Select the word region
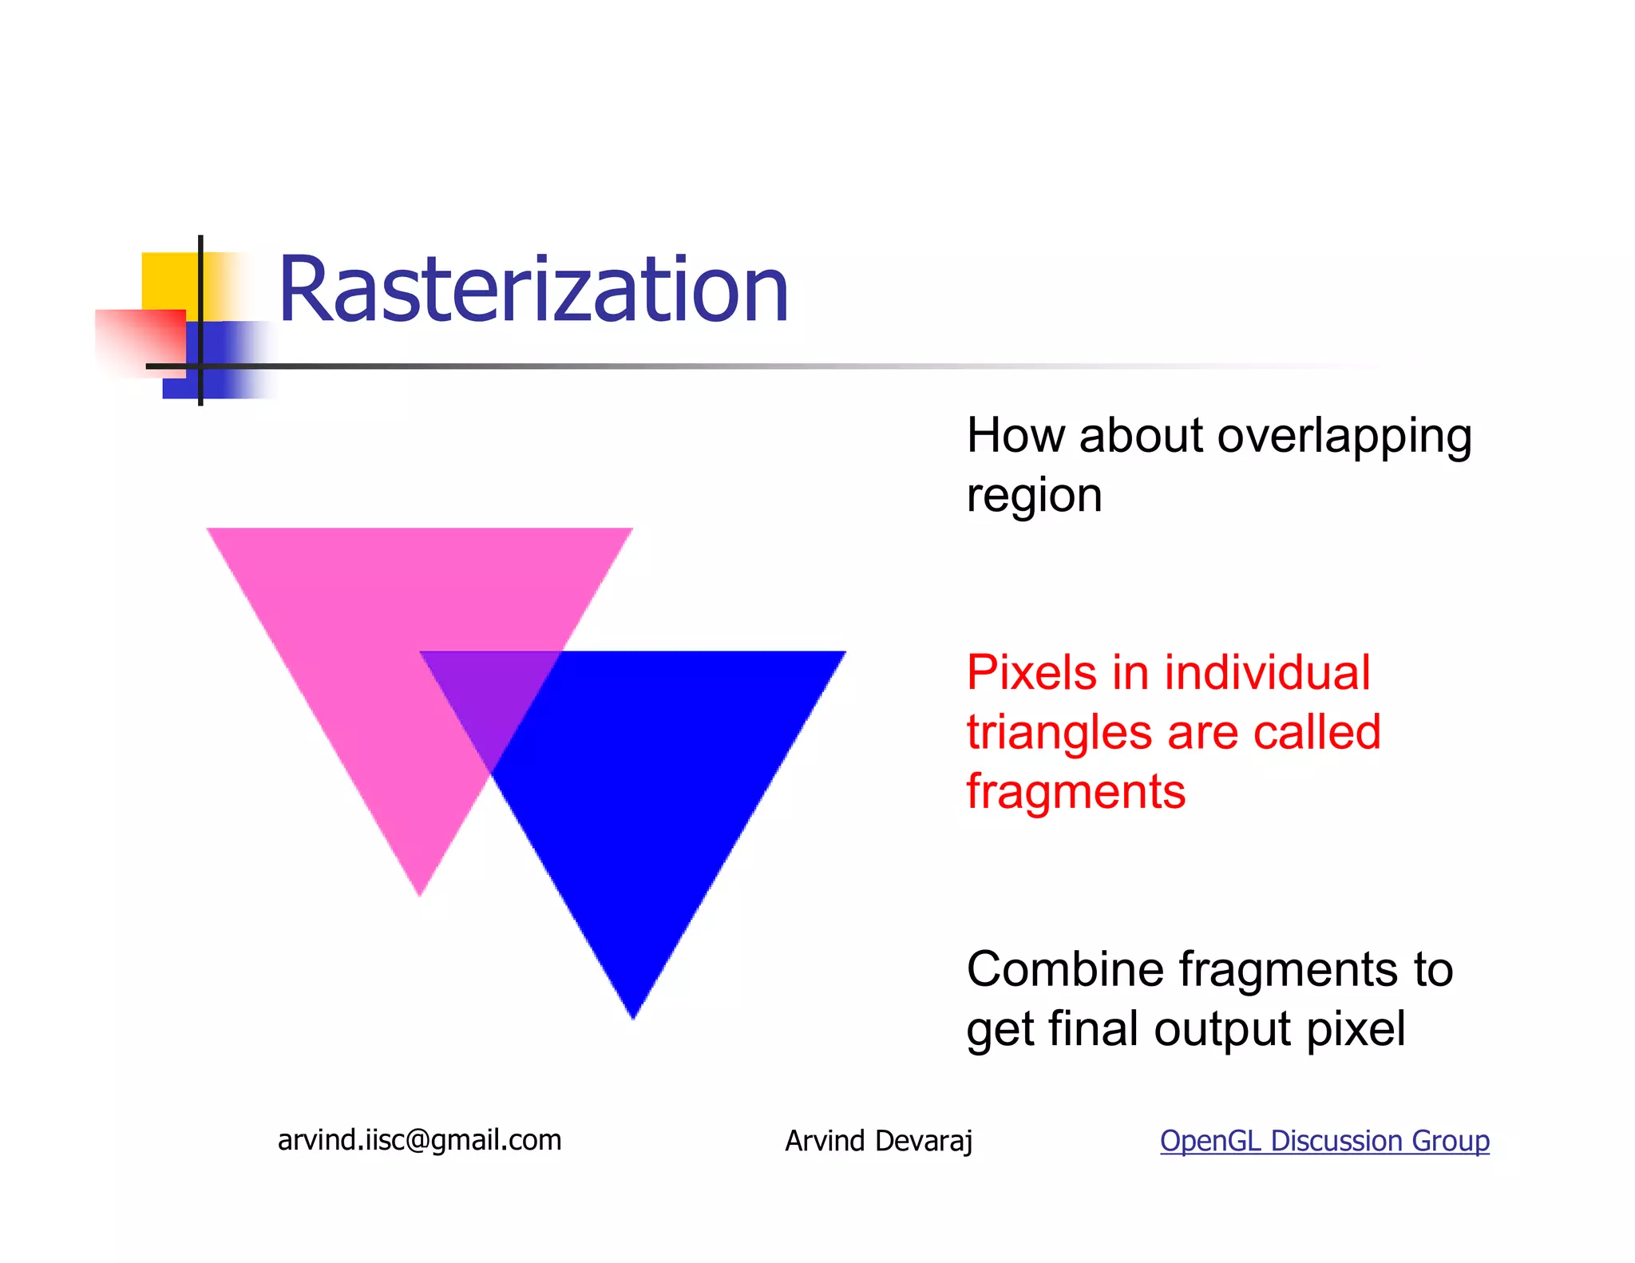coord(1034,496)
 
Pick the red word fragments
coord(1075,792)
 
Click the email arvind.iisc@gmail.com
coord(419,1140)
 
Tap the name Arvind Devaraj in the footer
coord(878,1141)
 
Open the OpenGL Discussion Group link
coord(1324,1141)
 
